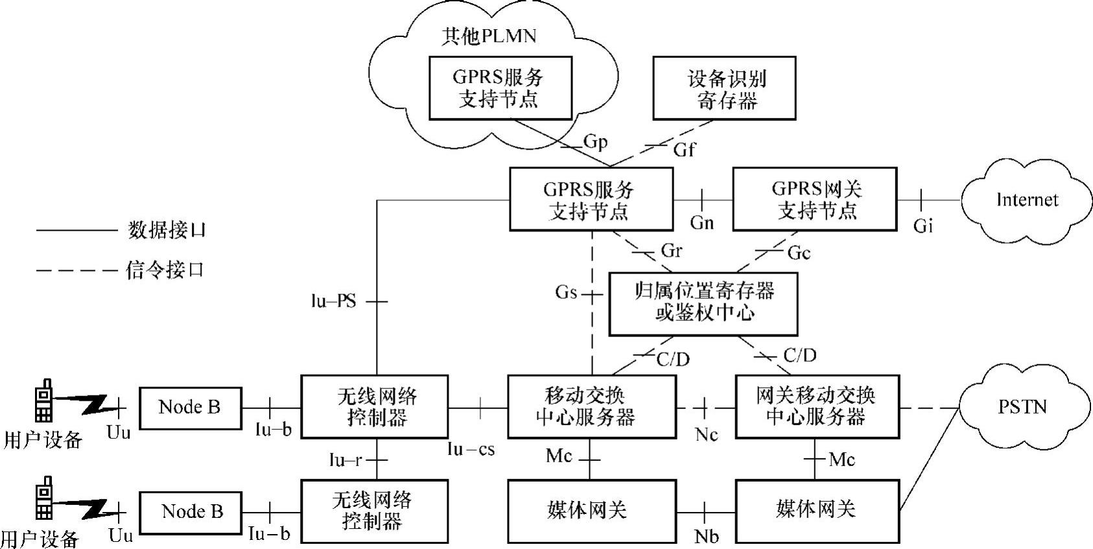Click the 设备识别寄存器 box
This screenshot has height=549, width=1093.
723,88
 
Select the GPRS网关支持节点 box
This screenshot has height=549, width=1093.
814,199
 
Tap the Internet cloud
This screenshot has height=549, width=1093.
1026,200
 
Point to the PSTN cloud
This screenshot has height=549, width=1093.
1022,407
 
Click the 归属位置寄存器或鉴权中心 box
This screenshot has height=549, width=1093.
703,303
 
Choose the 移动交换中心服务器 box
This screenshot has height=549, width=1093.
591,406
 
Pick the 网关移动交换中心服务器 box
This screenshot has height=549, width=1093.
817,406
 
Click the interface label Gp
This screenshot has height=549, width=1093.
595,141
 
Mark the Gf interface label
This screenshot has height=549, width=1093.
684,150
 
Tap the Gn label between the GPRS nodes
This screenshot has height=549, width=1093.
701,223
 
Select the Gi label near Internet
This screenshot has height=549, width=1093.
923,226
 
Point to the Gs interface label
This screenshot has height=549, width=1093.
566,292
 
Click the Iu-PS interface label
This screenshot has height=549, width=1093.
333,301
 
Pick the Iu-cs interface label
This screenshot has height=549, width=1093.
471,449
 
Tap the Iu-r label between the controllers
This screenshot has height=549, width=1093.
345,460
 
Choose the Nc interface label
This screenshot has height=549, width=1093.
706,434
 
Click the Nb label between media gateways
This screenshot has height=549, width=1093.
706,537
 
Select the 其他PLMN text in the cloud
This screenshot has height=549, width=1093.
489,36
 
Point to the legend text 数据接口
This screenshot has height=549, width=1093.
167,230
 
